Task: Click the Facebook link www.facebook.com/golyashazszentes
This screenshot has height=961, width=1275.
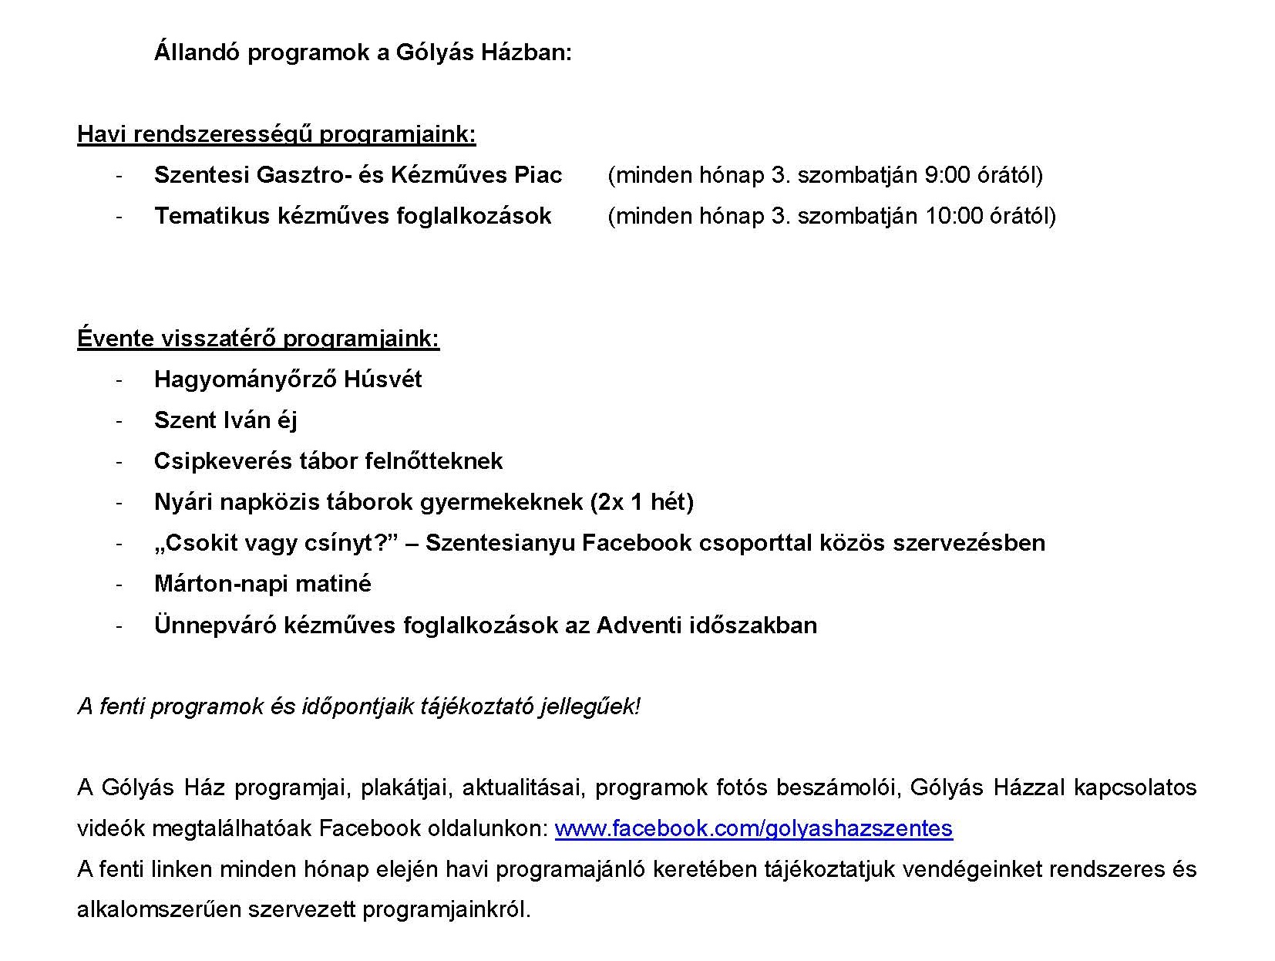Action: coord(753,828)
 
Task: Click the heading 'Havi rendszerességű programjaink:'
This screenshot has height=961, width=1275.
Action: coord(276,134)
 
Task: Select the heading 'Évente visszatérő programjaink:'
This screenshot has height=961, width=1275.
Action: coord(258,339)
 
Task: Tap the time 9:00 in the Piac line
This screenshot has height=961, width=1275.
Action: coord(940,175)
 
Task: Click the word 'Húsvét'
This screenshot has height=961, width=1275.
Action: coord(383,379)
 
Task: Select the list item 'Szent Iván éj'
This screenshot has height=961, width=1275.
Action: coord(225,420)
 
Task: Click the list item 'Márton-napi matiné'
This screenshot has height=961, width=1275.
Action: coord(262,584)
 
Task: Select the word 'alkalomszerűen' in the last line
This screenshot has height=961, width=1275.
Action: coord(159,910)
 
